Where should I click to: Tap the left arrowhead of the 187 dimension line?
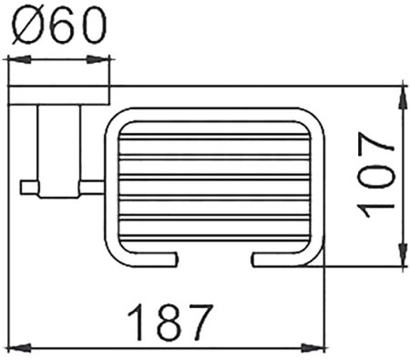13,346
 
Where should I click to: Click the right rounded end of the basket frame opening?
255,262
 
